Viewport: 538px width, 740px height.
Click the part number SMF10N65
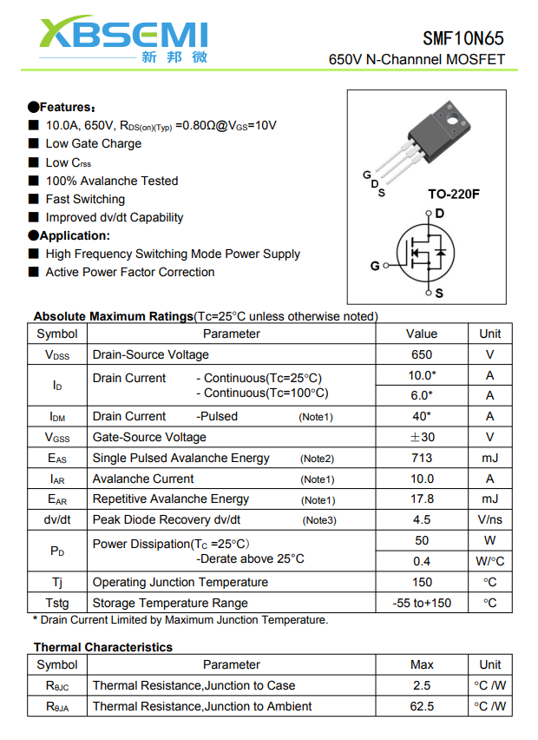coord(463,38)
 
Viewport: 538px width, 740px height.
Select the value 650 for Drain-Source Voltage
coord(422,354)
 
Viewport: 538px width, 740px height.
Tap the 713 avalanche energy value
coord(422,458)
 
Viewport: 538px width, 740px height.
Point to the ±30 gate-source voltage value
coord(422,437)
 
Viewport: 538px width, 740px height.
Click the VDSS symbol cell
coord(57,354)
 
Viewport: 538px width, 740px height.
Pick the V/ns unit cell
coord(489,519)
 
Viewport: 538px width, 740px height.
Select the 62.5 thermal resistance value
coord(422,706)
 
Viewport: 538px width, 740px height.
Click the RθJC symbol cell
coord(57,685)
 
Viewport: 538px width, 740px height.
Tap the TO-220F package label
coord(453,194)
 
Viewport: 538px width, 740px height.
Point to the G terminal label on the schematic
coord(375,266)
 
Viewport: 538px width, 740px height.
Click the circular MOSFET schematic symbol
coord(427,253)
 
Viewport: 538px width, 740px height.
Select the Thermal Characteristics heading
coord(102,647)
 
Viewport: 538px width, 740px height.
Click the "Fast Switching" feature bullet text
coord(85,199)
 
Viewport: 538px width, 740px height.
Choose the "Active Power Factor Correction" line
coord(130,272)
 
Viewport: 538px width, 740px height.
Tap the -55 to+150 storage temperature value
coord(422,603)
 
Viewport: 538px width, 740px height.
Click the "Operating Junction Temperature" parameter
coord(180,582)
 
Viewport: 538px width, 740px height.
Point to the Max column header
coord(422,664)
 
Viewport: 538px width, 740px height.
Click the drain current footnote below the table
coord(180,620)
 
